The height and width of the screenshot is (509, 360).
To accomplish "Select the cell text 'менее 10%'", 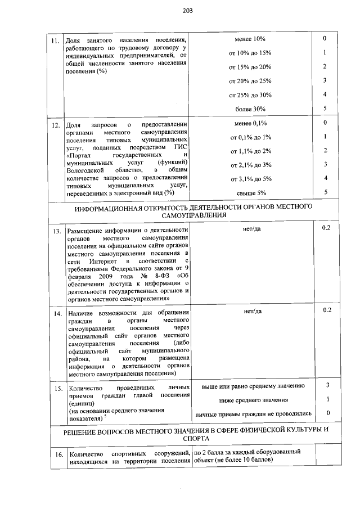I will [x=250, y=39].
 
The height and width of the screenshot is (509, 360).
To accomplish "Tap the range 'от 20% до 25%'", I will [x=250, y=81].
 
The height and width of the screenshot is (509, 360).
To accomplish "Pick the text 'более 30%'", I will [x=250, y=109].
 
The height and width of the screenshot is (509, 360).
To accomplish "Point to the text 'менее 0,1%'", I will [x=250, y=123].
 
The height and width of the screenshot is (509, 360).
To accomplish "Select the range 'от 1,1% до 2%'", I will [x=250, y=151].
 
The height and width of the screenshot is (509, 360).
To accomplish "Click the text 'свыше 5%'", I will [x=250, y=192].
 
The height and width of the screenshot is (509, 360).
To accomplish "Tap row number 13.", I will [x=55, y=231].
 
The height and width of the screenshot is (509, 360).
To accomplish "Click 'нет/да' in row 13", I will [x=250, y=228].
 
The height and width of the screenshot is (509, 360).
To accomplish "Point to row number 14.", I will [x=55, y=314].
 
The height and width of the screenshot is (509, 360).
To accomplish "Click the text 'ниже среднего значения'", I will [x=250, y=400].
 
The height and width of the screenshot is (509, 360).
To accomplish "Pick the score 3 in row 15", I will [x=327, y=385].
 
